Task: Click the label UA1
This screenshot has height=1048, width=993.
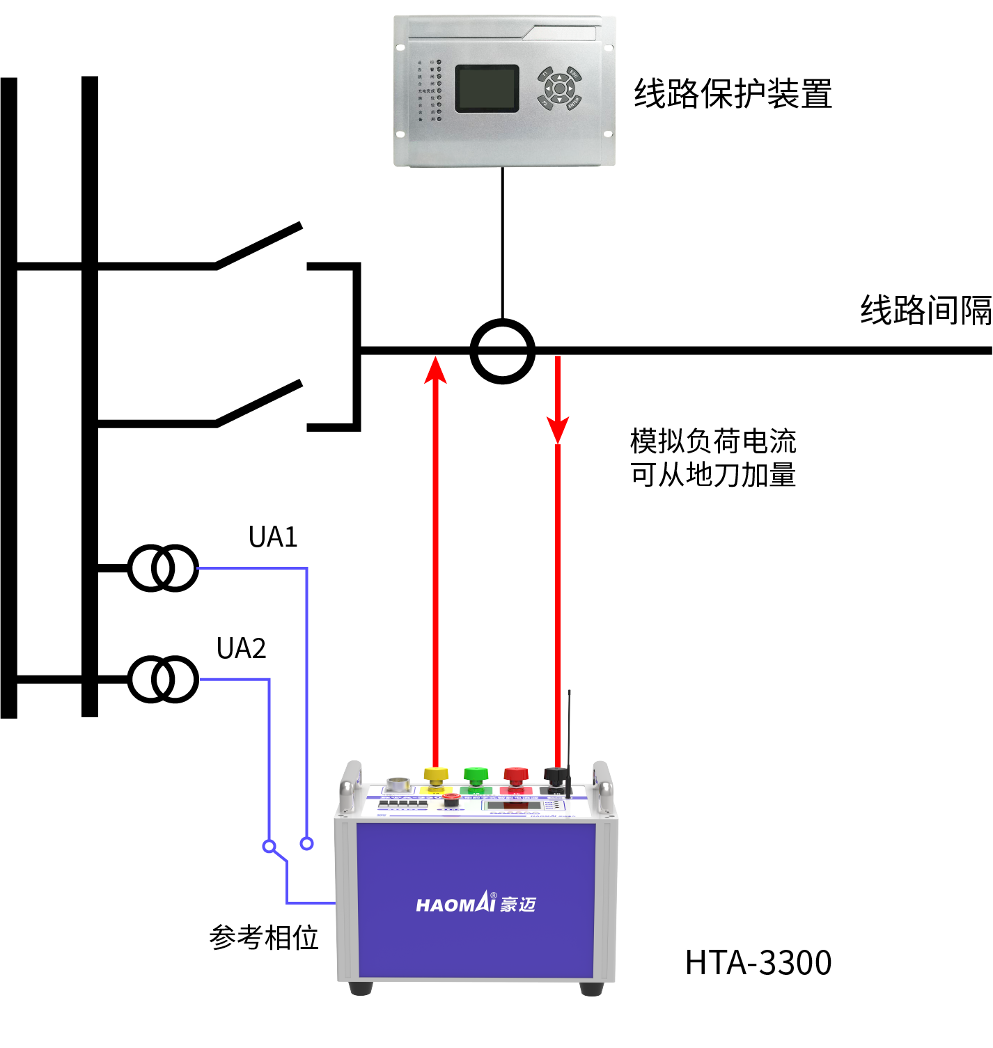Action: coord(273,537)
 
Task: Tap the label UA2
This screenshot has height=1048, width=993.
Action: coord(241,648)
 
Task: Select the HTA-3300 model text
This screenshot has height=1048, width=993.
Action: coord(758,962)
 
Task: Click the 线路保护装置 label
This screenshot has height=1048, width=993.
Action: coord(733,93)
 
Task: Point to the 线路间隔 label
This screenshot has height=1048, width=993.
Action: coord(925,310)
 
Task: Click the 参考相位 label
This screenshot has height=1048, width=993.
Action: coord(264,937)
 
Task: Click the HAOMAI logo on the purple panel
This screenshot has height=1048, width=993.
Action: coord(476,904)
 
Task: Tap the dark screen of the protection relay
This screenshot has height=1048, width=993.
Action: coord(487,88)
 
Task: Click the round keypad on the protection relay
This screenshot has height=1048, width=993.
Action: coord(559,88)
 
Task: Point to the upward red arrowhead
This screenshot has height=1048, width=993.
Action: coord(436,369)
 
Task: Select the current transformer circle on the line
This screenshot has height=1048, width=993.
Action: coord(502,351)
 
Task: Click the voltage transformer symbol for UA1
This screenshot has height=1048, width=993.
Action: coord(163,568)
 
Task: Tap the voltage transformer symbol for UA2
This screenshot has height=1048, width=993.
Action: coord(163,679)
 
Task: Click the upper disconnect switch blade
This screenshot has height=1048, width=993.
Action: coord(258,245)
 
